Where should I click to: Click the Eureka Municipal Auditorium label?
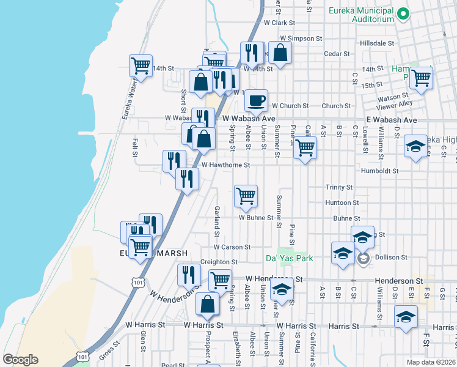tap(360, 15)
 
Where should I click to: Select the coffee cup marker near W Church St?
tap(257, 99)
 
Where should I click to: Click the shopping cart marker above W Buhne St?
tap(246, 196)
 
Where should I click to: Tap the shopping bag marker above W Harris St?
tap(208, 304)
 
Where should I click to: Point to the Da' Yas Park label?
tap(289, 258)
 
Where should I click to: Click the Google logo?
tap(20, 360)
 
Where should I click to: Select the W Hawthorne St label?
tap(225, 165)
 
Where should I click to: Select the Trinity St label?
tap(339, 187)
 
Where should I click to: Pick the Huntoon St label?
tap(342, 202)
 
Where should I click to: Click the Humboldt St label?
tap(379, 171)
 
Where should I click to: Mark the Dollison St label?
tap(390, 257)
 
